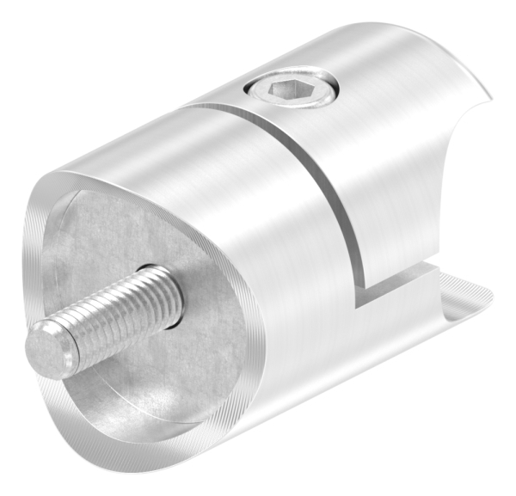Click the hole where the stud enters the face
coord(172,297)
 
